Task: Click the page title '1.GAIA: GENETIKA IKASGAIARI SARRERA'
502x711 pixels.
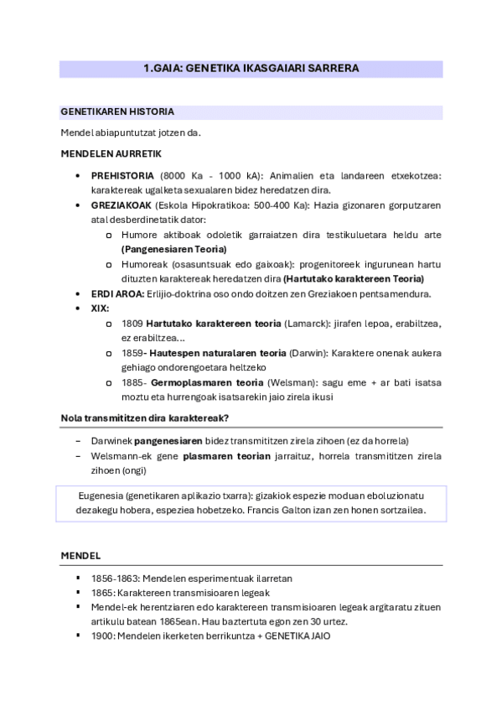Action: coord(251,69)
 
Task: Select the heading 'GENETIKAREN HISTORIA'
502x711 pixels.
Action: coord(117,112)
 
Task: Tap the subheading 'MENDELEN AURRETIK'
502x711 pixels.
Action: coord(111,154)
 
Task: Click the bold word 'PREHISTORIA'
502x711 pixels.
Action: coord(122,175)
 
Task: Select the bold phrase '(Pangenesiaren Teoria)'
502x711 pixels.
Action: coord(173,249)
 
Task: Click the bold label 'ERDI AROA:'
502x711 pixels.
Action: coord(117,293)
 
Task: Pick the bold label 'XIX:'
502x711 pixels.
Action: coord(100,309)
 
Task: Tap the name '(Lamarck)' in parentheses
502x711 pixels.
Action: coord(309,323)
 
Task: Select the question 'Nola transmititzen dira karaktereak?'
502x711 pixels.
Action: coord(145,418)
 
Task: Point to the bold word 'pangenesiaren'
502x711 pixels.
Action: coord(168,440)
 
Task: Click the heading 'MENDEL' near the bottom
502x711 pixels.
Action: coord(80,556)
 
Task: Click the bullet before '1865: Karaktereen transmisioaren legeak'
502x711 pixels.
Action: coord(79,592)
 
